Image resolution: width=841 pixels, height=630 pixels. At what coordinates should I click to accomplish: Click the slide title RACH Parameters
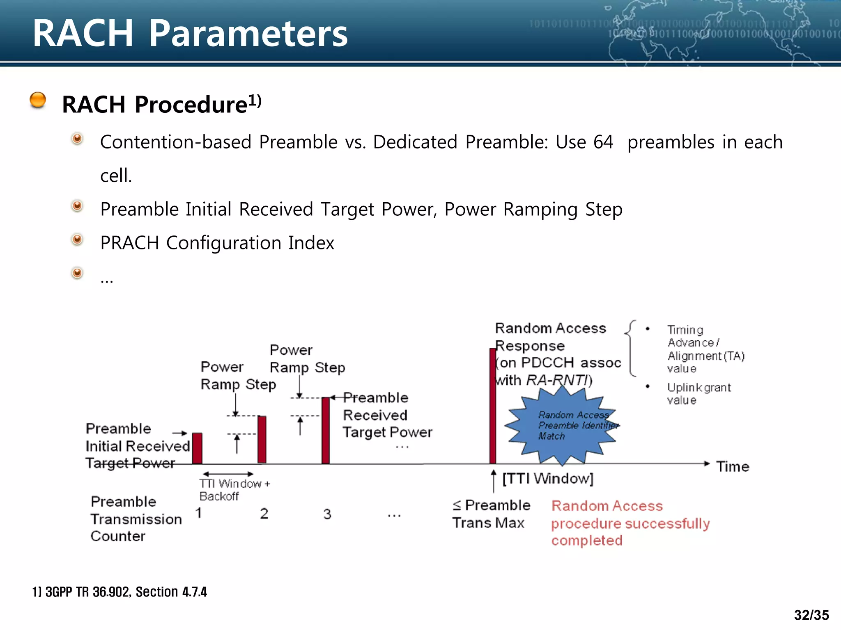pyautogui.click(x=190, y=34)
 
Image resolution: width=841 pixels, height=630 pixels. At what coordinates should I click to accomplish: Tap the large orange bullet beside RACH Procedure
pyautogui.click(x=38, y=100)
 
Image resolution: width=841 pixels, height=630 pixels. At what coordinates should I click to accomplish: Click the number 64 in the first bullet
pyautogui.click(x=603, y=142)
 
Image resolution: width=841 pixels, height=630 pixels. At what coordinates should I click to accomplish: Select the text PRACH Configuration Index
pyautogui.click(x=217, y=243)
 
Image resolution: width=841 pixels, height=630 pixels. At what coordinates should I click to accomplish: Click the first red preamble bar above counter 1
pyautogui.click(x=197, y=448)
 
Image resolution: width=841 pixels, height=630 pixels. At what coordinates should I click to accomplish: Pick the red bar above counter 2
pyautogui.click(x=262, y=439)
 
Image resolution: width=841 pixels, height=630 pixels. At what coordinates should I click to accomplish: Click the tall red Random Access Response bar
pyautogui.click(x=492, y=406)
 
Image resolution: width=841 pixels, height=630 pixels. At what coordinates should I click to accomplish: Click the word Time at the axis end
pyautogui.click(x=733, y=467)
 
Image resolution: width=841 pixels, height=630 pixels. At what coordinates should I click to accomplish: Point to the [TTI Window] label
pyautogui.click(x=548, y=479)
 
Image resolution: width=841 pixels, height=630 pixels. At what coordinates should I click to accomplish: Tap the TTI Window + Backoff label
pyautogui.click(x=234, y=490)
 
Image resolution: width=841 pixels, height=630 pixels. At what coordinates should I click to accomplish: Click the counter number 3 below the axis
pyautogui.click(x=327, y=514)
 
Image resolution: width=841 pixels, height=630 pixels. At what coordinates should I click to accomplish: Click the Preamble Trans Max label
pyautogui.click(x=491, y=514)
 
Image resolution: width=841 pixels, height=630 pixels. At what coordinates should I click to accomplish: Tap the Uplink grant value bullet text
pyautogui.click(x=699, y=393)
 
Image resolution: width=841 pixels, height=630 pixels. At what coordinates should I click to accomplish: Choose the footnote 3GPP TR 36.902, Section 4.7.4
pyautogui.click(x=119, y=592)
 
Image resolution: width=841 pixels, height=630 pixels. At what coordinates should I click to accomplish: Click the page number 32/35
pyautogui.click(x=811, y=615)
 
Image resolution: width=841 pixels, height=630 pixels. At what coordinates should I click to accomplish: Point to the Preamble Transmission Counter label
pyautogui.click(x=136, y=519)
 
